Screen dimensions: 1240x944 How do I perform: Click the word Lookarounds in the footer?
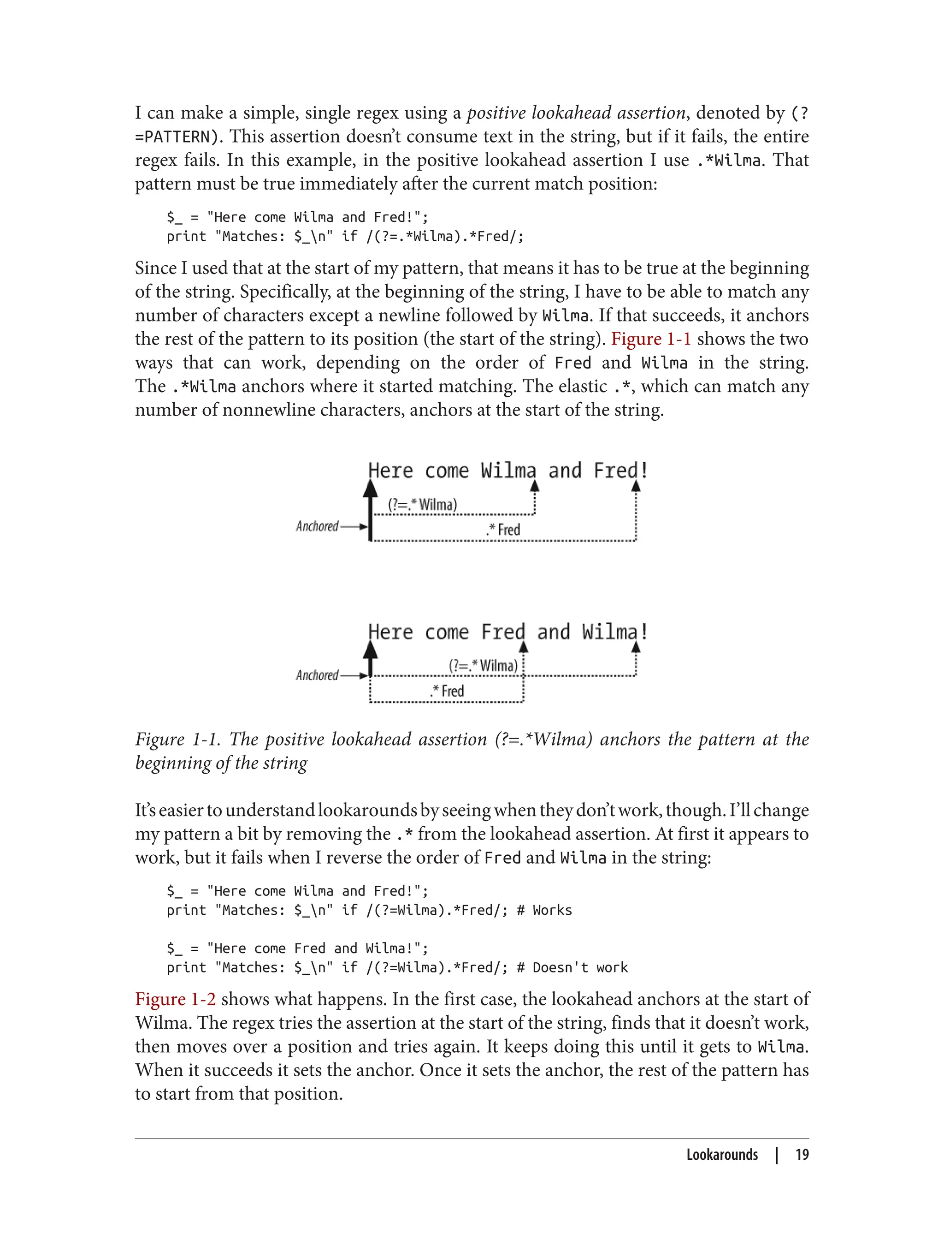click(721, 1155)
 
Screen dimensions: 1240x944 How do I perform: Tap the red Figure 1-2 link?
click(175, 999)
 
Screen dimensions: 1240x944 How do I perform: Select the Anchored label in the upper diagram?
click(317, 526)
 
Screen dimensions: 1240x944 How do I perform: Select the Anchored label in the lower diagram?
click(317, 675)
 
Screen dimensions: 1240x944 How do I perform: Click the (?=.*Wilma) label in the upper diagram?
click(423, 504)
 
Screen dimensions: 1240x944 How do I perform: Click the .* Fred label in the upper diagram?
click(503, 529)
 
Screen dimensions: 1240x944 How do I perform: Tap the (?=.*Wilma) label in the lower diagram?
click(483, 666)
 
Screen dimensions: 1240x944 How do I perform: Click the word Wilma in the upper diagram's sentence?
click(508, 470)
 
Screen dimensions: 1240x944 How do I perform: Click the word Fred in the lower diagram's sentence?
click(503, 632)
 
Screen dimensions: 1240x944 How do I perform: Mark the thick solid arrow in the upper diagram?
click(370, 509)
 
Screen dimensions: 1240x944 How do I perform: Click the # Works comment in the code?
click(544, 911)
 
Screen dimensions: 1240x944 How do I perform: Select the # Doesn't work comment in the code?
click(572, 968)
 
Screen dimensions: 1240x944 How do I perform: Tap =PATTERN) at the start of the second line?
click(177, 137)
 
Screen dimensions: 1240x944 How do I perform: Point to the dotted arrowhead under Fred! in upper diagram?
click(636, 486)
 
